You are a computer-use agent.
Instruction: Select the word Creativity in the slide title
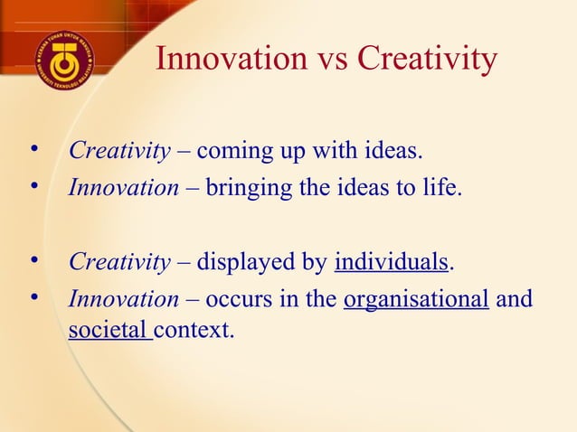point(427,60)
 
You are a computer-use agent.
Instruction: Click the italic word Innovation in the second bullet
point(124,189)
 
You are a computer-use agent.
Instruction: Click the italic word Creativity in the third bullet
point(119,263)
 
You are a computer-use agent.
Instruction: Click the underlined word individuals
point(392,263)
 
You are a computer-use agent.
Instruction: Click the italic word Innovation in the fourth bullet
point(124,299)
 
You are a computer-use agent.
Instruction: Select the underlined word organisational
point(417,300)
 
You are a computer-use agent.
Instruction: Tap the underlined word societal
point(108,329)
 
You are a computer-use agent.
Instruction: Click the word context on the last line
point(194,329)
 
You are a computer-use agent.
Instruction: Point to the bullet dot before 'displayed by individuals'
point(34,261)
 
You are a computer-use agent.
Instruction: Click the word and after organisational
point(515,299)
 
